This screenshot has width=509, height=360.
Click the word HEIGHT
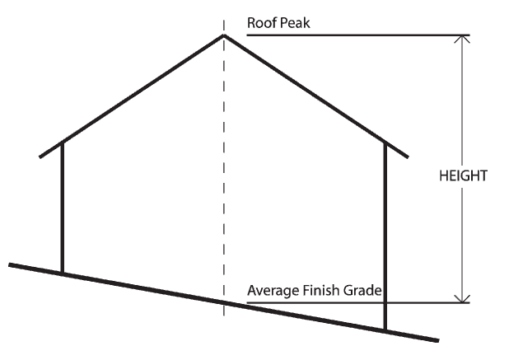tap(464, 175)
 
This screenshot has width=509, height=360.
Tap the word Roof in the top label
tap(261, 22)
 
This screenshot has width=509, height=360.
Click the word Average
tap(273, 291)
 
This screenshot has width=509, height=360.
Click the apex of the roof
tap(223, 35)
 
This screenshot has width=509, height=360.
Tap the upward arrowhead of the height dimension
tap(464, 41)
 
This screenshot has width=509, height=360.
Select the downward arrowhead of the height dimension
tap(464, 297)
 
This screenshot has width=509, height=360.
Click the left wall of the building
tap(63, 206)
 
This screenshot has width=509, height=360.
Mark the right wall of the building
tap(385, 231)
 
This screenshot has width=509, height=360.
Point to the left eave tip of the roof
tap(41, 155)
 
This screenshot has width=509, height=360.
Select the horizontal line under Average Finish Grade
tap(428, 302)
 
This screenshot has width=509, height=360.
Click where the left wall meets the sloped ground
tap(63, 274)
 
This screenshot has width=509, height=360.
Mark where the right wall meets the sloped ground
tap(385, 330)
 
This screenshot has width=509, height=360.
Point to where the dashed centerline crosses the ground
tap(223, 302)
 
